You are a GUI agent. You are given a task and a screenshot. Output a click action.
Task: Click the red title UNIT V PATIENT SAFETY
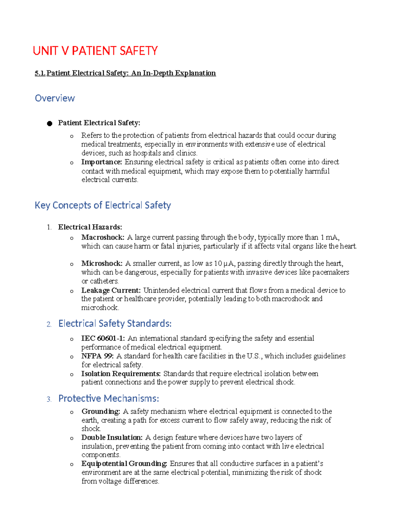[x=95, y=51]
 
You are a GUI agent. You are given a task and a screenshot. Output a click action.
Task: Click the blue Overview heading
[x=55, y=98]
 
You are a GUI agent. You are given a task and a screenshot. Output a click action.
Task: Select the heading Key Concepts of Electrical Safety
[x=103, y=205]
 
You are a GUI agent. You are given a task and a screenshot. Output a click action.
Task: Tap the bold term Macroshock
[x=103, y=237]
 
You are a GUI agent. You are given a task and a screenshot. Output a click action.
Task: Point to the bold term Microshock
[x=102, y=263]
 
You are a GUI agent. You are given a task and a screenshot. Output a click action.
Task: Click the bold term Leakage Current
[x=111, y=290]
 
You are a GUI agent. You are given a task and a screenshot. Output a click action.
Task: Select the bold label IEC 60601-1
[x=103, y=338]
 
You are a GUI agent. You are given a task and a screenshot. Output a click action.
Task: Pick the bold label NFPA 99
[x=97, y=356]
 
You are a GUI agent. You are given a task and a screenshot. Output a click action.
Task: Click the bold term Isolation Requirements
[x=121, y=374]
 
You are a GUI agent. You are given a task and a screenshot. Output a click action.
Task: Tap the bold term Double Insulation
[x=112, y=437]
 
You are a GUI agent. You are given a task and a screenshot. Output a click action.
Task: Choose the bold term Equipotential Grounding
[x=124, y=464]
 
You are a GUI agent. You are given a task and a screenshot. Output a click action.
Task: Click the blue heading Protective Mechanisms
[x=109, y=399]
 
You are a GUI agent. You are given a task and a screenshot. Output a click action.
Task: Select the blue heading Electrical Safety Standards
[x=115, y=324]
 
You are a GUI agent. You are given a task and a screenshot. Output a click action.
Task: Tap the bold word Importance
[x=102, y=162]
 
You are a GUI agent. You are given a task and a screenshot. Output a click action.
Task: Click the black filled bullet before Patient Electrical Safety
[x=49, y=124]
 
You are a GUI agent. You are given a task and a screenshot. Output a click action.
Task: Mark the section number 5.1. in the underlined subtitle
[x=40, y=73]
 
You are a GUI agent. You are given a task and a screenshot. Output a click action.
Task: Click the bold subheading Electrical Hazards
[x=90, y=227]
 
